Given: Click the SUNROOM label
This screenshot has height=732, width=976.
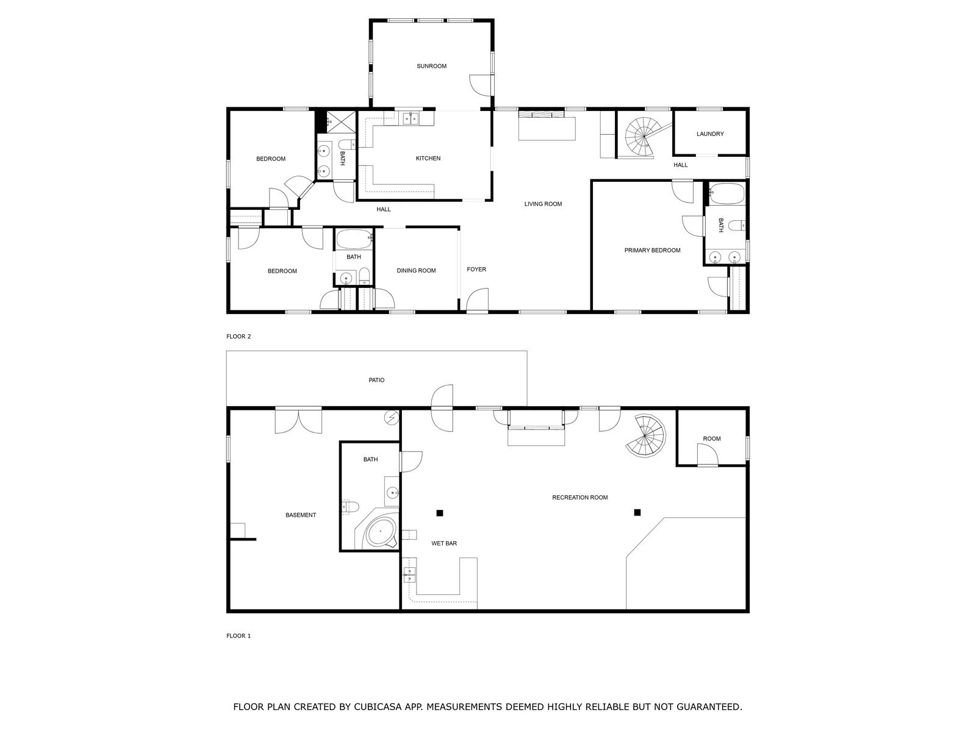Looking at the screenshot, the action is [x=431, y=66].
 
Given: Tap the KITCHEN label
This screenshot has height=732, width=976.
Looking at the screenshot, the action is [x=428, y=158].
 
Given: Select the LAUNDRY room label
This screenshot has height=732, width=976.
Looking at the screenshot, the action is [x=709, y=134].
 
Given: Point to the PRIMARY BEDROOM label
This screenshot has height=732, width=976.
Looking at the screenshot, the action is [x=652, y=250].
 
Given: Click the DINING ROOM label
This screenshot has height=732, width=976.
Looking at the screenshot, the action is [x=416, y=270].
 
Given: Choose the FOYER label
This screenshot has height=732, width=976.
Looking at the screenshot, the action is [x=476, y=270].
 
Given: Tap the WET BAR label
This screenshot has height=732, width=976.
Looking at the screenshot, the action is [x=443, y=543].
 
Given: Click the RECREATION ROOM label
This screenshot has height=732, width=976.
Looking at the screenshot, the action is [x=579, y=497].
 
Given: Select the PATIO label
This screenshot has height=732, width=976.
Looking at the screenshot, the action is [x=376, y=380].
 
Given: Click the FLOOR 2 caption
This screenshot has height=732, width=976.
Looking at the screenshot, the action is [x=239, y=337].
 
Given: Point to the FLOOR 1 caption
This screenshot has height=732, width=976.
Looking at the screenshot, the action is [x=239, y=636].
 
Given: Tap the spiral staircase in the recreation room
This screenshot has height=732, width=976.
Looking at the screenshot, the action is [x=645, y=435].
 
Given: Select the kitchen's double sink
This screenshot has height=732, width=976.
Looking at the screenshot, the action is [x=411, y=118].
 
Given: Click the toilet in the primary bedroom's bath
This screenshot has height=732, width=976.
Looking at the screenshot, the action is [x=739, y=226].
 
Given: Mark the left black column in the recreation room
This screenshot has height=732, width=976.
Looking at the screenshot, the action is [x=439, y=513].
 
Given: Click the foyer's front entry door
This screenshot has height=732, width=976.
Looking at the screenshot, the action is [x=477, y=300].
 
